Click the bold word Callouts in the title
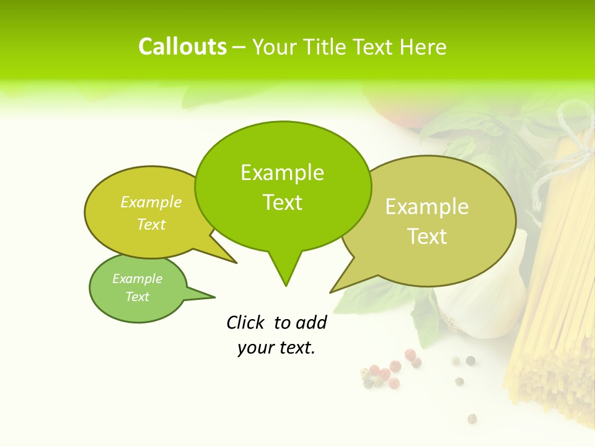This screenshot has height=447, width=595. coord(182,47)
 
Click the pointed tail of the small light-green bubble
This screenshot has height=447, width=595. coord(208,297)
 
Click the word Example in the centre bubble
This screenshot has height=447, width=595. coord(282,173)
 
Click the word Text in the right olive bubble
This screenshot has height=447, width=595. coord(427,237)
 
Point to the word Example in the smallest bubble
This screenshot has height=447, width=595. coord(137,279)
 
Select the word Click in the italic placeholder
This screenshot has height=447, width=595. coord(246,322)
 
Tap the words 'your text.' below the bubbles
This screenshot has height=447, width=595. coord(276,348)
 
